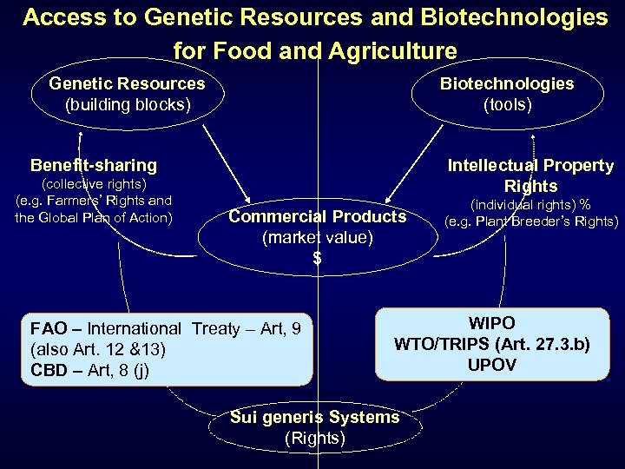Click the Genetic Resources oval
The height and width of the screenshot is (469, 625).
tap(127, 95)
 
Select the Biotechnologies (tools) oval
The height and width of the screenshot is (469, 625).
tap(506, 95)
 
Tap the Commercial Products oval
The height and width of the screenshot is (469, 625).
tap(317, 235)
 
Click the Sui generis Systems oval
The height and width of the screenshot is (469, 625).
tap(315, 427)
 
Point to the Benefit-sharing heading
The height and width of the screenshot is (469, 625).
tap(94, 165)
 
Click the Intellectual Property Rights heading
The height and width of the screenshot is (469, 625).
tap(530, 175)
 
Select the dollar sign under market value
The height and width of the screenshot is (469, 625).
tap(317, 258)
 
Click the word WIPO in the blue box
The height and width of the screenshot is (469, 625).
tap(491, 324)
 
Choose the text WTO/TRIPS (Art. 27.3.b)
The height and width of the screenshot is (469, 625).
tap(492, 344)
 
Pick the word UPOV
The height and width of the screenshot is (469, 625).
tap(491, 365)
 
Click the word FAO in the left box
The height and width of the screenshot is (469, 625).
tap(49, 328)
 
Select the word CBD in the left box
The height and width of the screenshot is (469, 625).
tap(49, 370)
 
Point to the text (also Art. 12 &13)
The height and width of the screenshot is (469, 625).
tap(97, 349)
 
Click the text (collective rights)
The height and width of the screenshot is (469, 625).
tap(94, 184)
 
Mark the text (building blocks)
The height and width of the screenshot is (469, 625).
tap(128, 105)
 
